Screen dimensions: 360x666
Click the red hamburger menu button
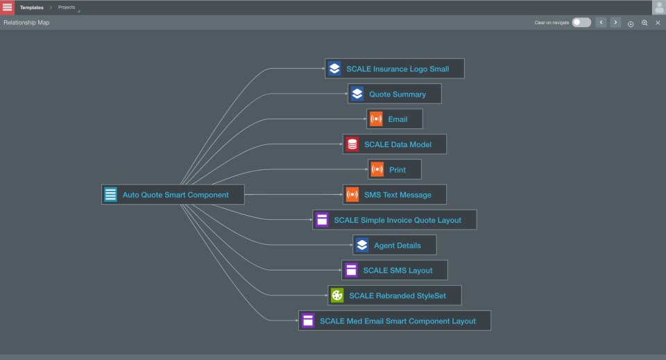point(7,7)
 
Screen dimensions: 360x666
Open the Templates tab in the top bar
point(31,8)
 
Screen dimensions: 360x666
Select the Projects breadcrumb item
point(67,8)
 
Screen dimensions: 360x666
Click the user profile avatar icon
point(658,8)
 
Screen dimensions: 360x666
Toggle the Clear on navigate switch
point(581,23)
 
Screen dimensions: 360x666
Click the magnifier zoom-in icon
point(644,23)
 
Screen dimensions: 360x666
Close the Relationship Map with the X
point(658,23)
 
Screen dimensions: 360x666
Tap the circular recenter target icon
point(631,24)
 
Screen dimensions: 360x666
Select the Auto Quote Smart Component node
point(173,195)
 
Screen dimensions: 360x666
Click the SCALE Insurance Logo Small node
point(395,69)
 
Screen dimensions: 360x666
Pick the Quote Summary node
point(395,94)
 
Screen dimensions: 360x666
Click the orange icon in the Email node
point(376,119)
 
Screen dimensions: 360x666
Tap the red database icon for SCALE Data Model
point(352,144)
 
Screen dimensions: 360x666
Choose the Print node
point(395,170)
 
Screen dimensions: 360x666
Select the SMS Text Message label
point(398,195)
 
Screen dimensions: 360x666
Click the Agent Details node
point(395,246)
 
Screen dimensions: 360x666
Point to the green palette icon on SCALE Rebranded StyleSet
point(337,295)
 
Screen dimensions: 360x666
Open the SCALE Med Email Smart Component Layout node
point(395,321)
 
